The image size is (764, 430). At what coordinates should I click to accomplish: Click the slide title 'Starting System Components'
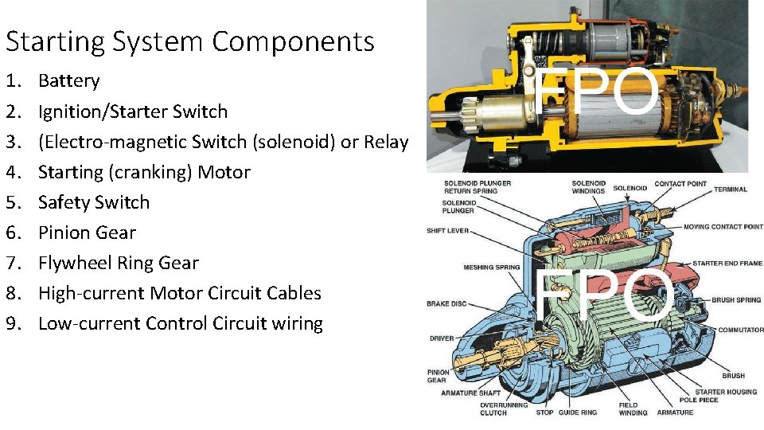tap(189, 41)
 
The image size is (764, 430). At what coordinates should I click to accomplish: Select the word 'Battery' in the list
tap(69, 80)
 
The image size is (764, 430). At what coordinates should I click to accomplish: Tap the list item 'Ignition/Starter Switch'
tap(133, 111)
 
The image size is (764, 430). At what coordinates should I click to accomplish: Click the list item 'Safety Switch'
tap(94, 202)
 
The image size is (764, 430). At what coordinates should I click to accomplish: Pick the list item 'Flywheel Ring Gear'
tap(119, 263)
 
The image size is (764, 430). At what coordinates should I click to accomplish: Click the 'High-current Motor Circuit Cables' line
tap(180, 293)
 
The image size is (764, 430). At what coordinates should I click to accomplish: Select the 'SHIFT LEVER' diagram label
tap(447, 231)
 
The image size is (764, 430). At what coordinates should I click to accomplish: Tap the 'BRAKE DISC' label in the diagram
tap(446, 303)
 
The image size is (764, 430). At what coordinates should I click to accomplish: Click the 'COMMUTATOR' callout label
tap(740, 330)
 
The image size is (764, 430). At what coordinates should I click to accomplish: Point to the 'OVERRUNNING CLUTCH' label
tap(504, 408)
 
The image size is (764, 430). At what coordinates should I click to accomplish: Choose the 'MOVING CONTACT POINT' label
tap(723, 227)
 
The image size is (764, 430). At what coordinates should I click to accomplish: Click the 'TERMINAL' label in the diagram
tap(730, 190)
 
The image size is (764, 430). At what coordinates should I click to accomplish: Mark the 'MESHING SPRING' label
tap(492, 268)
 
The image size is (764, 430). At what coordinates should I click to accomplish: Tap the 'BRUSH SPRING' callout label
tap(735, 300)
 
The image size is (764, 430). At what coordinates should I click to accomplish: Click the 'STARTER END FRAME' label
tap(727, 264)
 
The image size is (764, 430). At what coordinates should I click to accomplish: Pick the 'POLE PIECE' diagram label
tap(699, 400)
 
